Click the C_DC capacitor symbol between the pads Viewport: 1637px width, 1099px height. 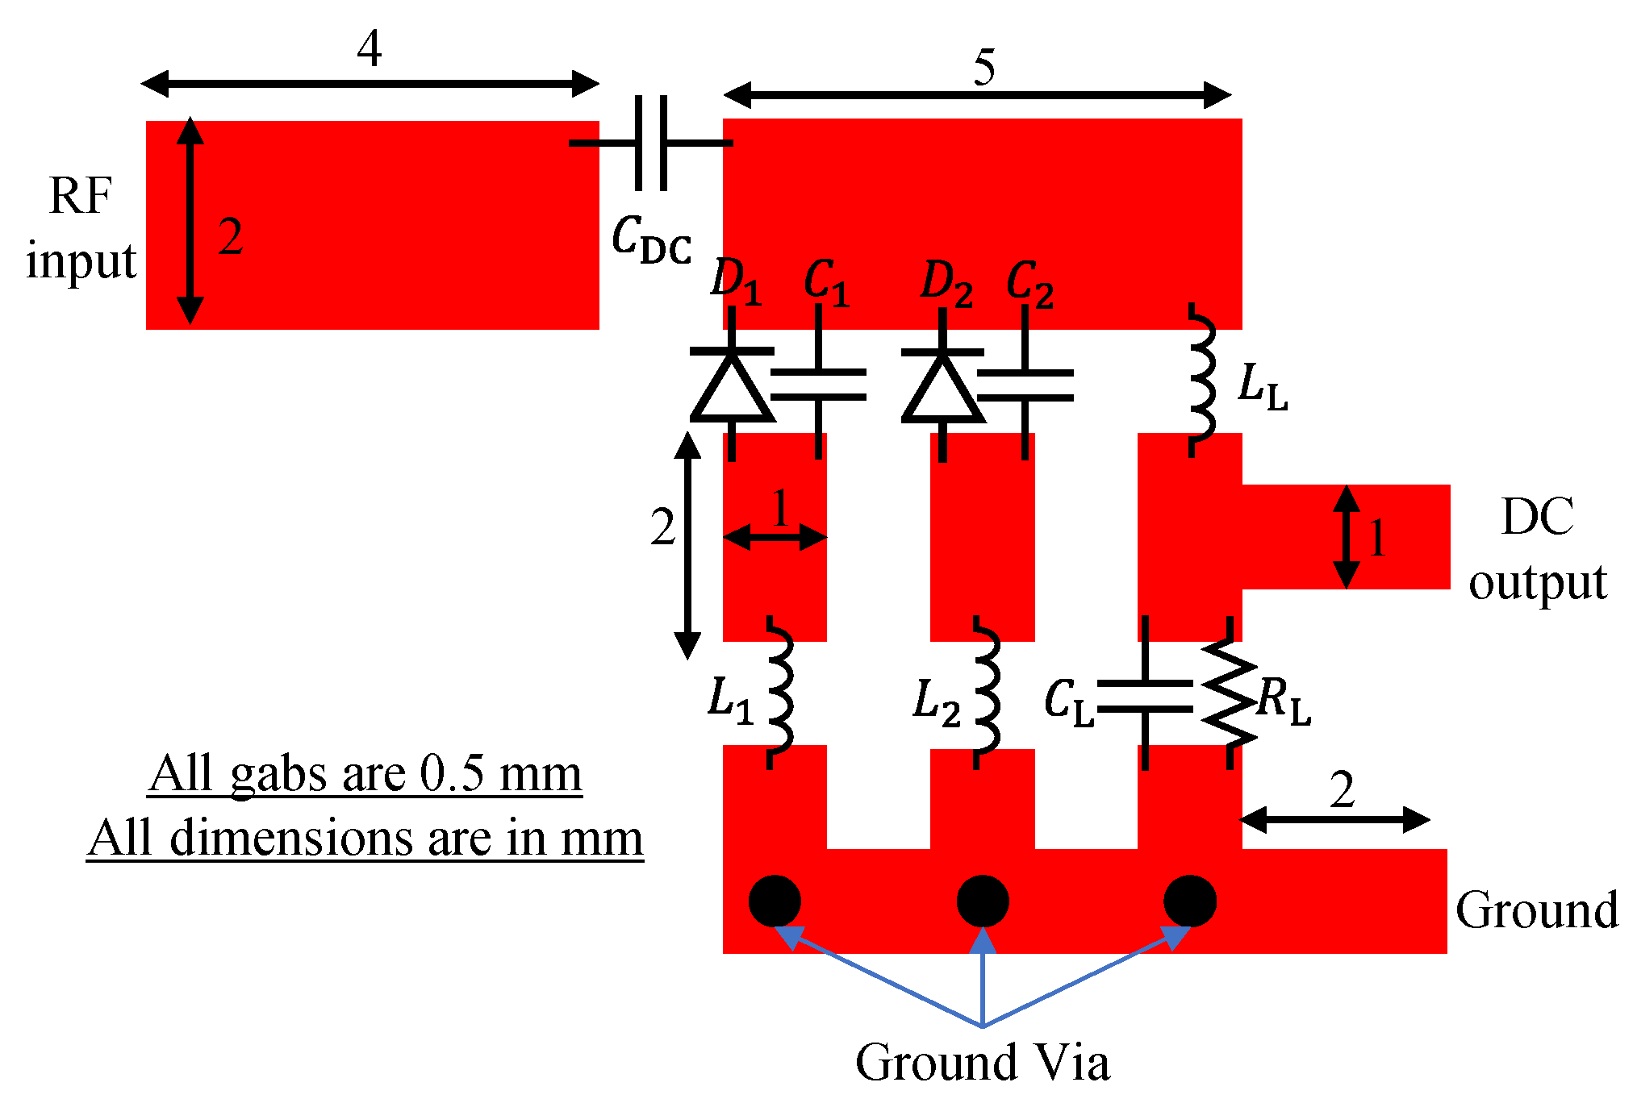coord(651,144)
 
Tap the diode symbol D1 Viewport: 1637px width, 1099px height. coord(732,387)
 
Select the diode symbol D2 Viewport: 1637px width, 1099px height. coord(942,387)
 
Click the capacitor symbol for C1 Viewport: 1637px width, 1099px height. coord(819,385)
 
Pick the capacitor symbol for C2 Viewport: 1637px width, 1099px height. coord(1025,385)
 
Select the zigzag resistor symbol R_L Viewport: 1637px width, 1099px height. coord(1229,693)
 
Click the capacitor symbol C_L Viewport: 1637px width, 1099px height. coord(1145,695)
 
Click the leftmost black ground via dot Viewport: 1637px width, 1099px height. coord(775,901)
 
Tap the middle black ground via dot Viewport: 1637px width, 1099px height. coord(983,901)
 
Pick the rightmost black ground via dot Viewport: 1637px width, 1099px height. coord(1190,901)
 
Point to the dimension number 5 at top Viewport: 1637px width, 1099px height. coord(983,66)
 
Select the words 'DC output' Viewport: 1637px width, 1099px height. coord(1537,548)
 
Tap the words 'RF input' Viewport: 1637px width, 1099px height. coord(81,228)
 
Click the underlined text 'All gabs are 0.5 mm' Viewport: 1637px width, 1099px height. coord(365,774)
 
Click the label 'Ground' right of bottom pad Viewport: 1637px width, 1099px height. coord(1536,910)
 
